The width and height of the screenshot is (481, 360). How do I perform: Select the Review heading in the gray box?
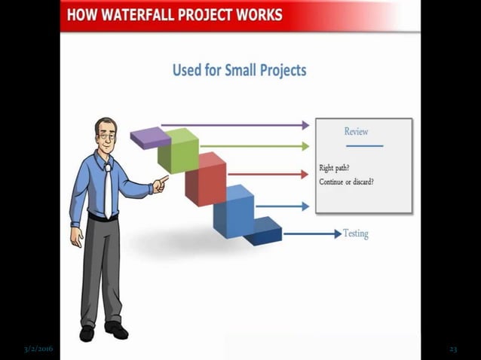pyautogui.click(x=356, y=131)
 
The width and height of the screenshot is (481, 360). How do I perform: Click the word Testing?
pyautogui.click(x=355, y=233)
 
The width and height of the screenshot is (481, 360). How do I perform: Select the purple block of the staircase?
pyautogui.click(x=149, y=138)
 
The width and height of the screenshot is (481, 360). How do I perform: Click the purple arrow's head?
pyautogui.click(x=305, y=125)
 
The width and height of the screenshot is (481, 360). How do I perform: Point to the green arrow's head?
pyautogui.click(x=305, y=145)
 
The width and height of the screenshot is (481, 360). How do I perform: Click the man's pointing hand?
pyautogui.click(x=160, y=182)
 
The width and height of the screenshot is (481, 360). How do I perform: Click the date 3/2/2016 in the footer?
pyautogui.click(x=38, y=349)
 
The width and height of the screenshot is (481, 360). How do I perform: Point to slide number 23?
pyautogui.click(x=453, y=349)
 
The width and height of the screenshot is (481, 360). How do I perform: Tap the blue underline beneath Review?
pyautogui.click(x=364, y=145)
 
